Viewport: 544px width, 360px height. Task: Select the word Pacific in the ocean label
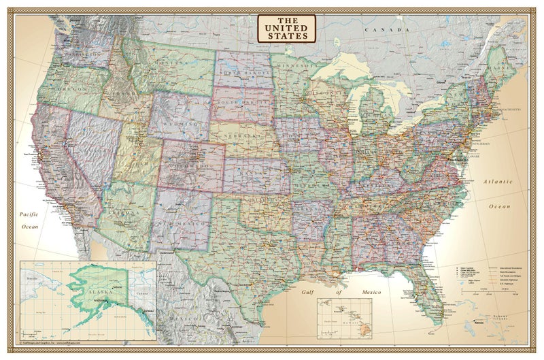pyautogui.click(x=31, y=215)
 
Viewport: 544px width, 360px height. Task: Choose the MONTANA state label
pyautogui.click(x=173, y=63)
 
